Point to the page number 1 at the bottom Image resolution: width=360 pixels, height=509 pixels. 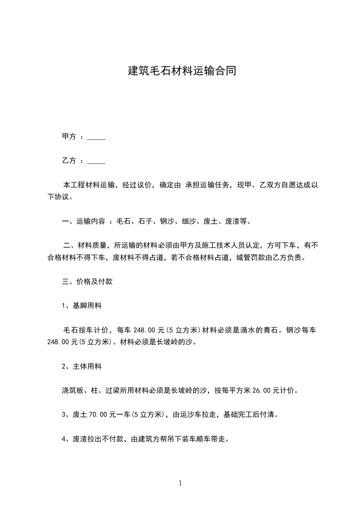180,484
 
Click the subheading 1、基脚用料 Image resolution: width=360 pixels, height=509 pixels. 82,306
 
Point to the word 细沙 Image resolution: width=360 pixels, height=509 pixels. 188,222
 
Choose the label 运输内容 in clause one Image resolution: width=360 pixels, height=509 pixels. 91,222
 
